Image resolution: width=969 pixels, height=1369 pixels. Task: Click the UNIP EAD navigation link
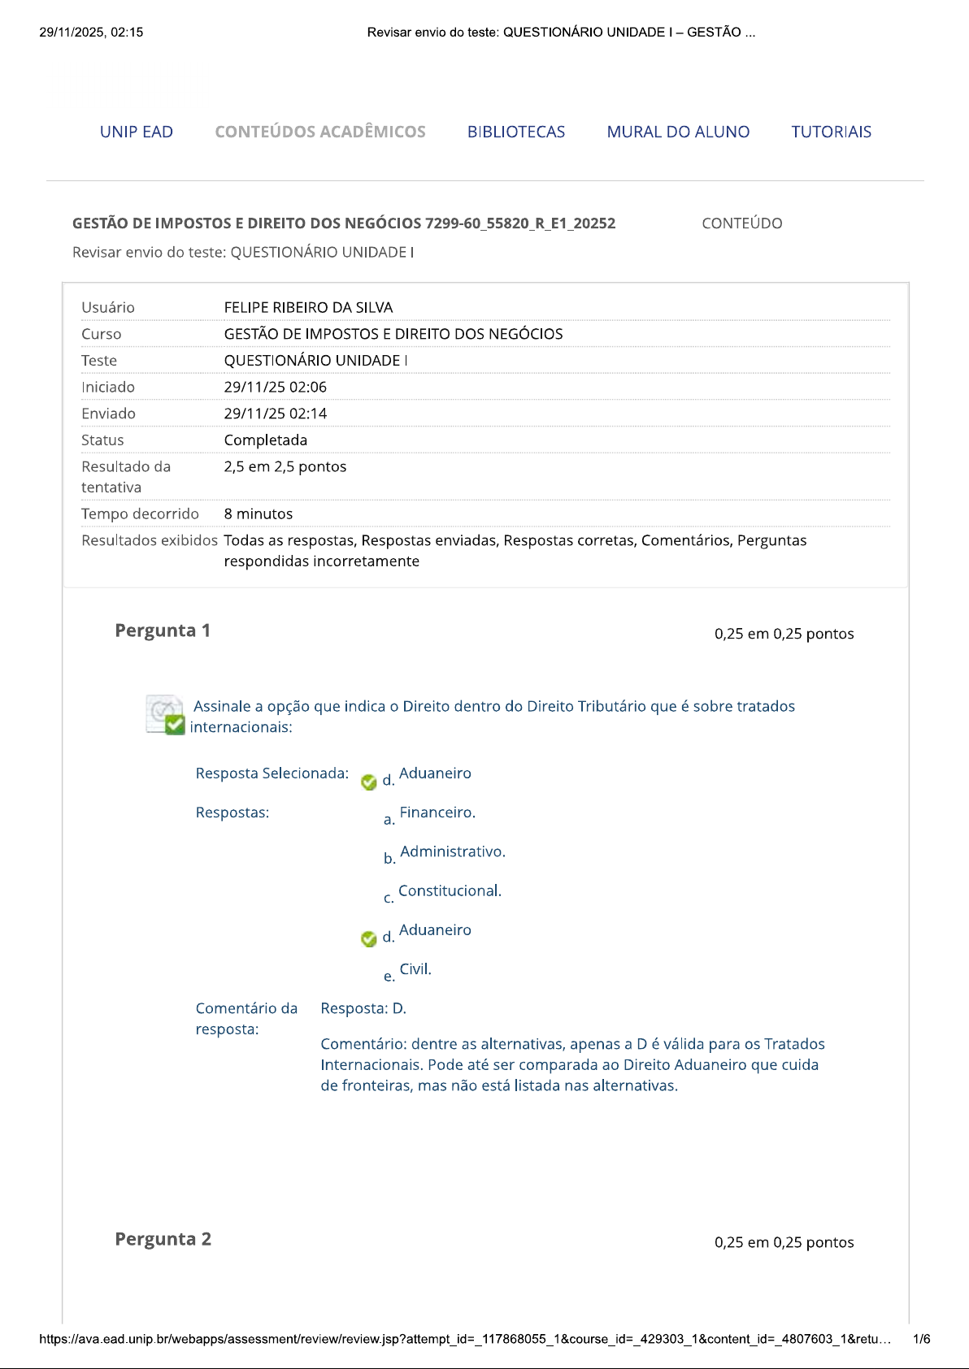tap(136, 132)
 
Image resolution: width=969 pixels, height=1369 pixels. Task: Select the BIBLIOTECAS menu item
tap(515, 132)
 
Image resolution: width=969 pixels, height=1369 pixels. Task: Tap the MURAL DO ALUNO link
tap(678, 132)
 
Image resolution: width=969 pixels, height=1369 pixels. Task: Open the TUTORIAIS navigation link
tap(831, 132)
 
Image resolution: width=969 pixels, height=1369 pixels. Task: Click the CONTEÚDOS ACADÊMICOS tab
tap(319, 132)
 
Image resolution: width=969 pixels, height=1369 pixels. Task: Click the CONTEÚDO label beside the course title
tap(741, 223)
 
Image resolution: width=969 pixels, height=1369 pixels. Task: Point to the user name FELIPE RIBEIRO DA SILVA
tap(308, 307)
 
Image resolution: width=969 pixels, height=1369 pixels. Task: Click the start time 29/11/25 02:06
tap(275, 387)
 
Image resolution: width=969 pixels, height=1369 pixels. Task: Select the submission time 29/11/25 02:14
tap(275, 414)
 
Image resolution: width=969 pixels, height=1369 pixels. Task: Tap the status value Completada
tap(265, 440)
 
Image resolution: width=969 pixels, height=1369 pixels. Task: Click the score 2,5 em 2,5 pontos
tap(285, 466)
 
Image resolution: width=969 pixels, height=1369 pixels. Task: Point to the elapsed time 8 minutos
tap(258, 513)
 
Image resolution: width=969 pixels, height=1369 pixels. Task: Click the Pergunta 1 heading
tap(163, 630)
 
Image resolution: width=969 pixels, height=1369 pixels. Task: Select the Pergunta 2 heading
tap(163, 1239)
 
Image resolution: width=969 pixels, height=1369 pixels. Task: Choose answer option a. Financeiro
tap(437, 812)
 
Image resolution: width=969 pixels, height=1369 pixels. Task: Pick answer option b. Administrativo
tap(452, 851)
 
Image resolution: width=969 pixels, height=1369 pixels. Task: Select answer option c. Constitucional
tap(449, 890)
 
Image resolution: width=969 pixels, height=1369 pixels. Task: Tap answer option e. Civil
tap(415, 969)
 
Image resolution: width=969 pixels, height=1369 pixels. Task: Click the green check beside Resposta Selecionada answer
tap(368, 782)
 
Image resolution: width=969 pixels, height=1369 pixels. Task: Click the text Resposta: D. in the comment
tap(363, 1008)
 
